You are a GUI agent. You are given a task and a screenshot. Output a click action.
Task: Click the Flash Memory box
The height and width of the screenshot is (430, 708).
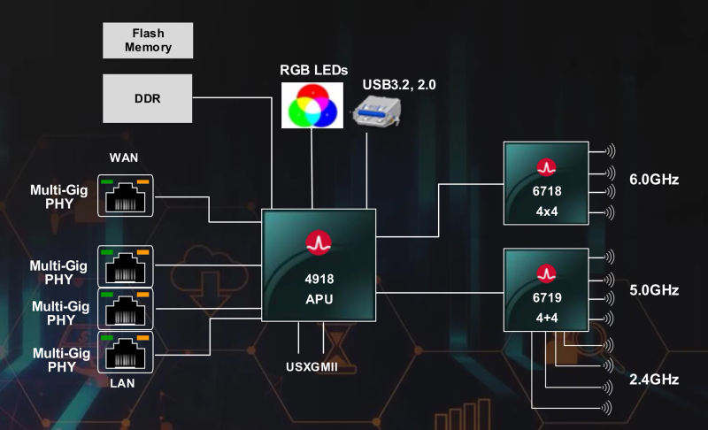[149, 40]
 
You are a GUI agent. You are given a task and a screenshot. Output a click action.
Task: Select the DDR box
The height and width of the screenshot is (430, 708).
[149, 98]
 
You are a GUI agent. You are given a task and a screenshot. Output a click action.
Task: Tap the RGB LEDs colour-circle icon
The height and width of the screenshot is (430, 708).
[312, 105]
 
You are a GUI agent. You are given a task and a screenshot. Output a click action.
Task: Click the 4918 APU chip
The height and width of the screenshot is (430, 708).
[319, 265]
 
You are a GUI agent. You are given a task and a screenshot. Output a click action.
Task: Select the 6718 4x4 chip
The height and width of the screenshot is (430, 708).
[546, 182]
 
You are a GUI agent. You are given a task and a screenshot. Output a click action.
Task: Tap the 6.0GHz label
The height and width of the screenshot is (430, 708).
[654, 180]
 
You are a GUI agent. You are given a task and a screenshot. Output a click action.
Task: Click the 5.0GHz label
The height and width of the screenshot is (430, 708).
[654, 289]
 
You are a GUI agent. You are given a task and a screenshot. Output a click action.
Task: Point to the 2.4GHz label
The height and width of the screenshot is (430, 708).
[654, 380]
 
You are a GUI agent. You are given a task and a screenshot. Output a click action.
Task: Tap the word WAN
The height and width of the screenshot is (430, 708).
[125, 158]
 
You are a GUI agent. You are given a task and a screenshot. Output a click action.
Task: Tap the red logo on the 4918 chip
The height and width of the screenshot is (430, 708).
[319, 242]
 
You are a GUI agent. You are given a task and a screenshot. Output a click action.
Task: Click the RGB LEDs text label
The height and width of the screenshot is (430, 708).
[314, 69]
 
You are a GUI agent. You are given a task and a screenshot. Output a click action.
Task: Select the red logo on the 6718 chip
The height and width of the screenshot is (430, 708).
[546, 166]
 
